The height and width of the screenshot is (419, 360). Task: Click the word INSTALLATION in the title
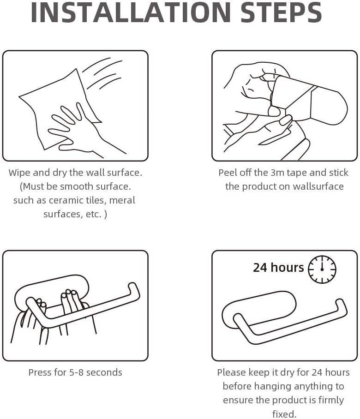tap(131, 12)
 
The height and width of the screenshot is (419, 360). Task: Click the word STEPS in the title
tap(281, 12)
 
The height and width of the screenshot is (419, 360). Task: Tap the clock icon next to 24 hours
tap(322, 269)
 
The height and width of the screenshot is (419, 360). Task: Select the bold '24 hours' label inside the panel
tap(278, 268)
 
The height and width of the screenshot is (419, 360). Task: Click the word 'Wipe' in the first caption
tap(19, 173)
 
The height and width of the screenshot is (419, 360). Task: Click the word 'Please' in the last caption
tap(231, 372)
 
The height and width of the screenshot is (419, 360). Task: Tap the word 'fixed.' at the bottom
tap(284, 414)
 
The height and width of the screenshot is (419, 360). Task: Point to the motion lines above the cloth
tap(102, 73)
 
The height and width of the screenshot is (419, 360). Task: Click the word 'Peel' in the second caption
tap(228, 173)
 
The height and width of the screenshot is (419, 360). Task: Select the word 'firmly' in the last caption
tap(331, 400)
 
